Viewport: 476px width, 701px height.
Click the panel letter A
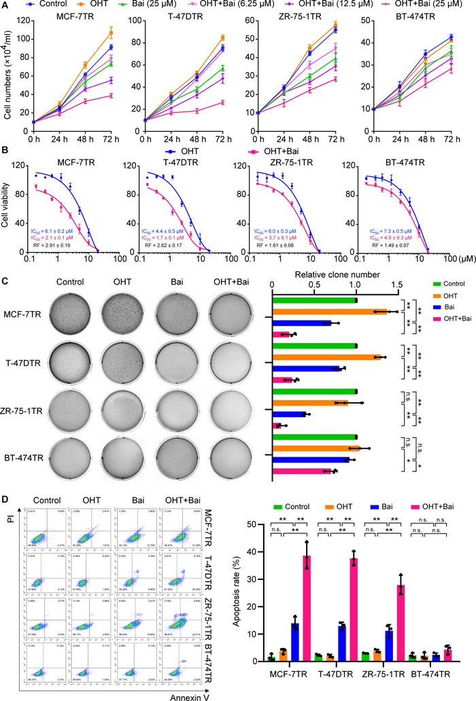click(x=5, y=5)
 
